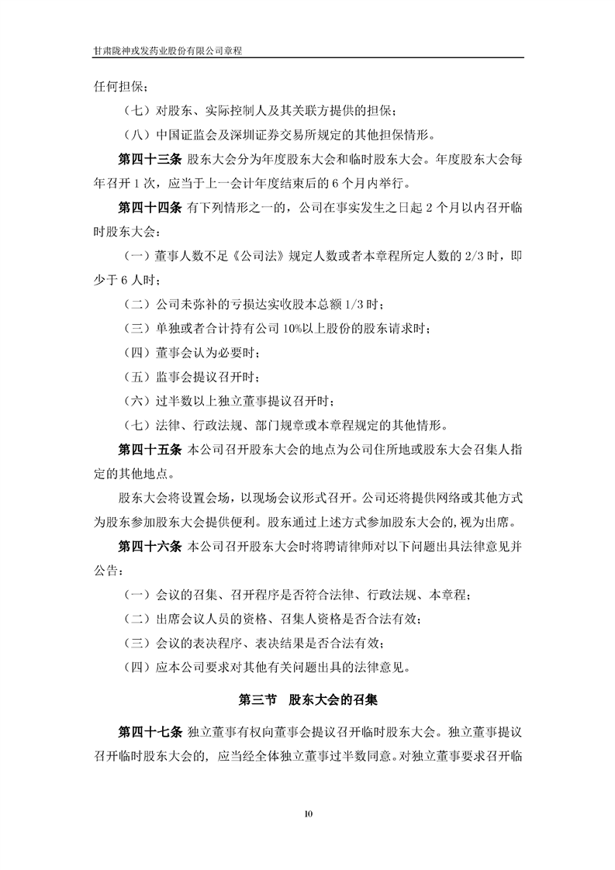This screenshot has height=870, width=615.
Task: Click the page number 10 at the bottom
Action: pyautogui.click(x=307, y=813)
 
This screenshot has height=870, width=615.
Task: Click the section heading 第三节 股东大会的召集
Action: pyautogui.click(x=308, y=699)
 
